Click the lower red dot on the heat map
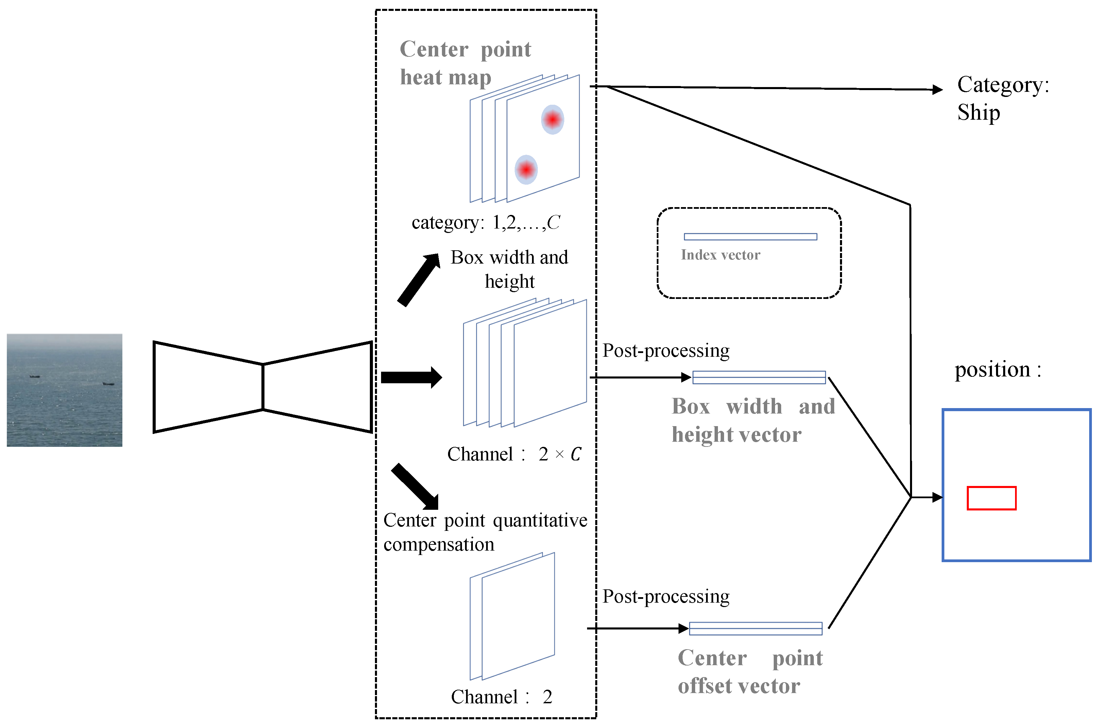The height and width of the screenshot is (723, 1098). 526,170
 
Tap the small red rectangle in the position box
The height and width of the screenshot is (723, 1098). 991,498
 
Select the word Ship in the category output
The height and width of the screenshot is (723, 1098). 978,113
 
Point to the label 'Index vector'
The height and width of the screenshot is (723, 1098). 720,255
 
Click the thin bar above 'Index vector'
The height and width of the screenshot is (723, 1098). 750,237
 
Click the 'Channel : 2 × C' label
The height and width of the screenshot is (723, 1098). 514,454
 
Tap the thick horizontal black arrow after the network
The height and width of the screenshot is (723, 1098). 411,377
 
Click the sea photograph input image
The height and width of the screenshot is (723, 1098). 65,390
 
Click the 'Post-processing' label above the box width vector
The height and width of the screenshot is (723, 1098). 666,351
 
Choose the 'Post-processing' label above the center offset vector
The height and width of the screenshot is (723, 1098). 666,596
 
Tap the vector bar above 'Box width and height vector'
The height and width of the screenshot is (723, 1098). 759,377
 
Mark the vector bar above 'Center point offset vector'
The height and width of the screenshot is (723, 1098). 755,628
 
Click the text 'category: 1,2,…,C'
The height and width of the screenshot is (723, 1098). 485,222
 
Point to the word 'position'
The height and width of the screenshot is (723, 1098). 992,370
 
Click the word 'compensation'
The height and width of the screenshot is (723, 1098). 439,544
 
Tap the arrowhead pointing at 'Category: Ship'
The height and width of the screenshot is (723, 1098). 938,89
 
